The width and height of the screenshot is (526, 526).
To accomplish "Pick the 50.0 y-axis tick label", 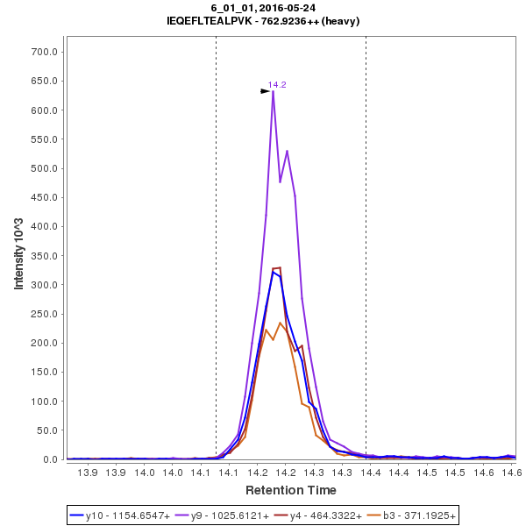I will [48, 430].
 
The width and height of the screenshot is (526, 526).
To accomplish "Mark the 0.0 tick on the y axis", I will [52, 459].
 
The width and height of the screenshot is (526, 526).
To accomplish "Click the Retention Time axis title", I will [290, 489].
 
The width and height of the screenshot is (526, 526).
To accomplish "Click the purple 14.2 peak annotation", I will [277, 84].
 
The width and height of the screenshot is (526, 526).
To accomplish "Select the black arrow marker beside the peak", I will [265, 90].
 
